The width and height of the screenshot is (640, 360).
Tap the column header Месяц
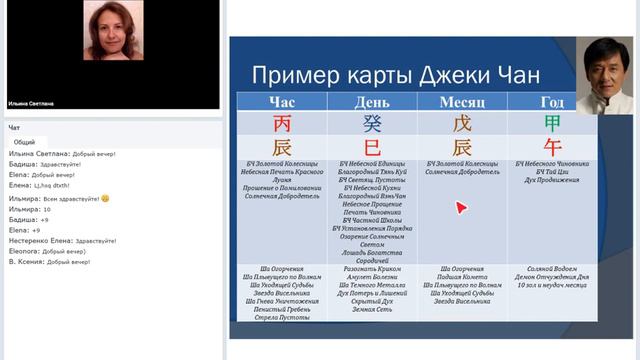point(462,102)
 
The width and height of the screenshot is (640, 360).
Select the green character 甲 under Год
point(551,124)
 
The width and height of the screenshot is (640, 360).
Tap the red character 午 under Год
point(551,146)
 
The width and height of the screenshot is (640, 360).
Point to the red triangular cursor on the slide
point(461,208)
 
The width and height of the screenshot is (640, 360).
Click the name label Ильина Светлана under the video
point(29,101)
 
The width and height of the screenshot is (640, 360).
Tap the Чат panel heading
point(14,128)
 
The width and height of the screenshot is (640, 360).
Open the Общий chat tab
point(24,142)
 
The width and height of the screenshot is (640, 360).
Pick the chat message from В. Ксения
point(50,262)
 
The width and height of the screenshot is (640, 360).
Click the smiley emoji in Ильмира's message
point(105,197)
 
